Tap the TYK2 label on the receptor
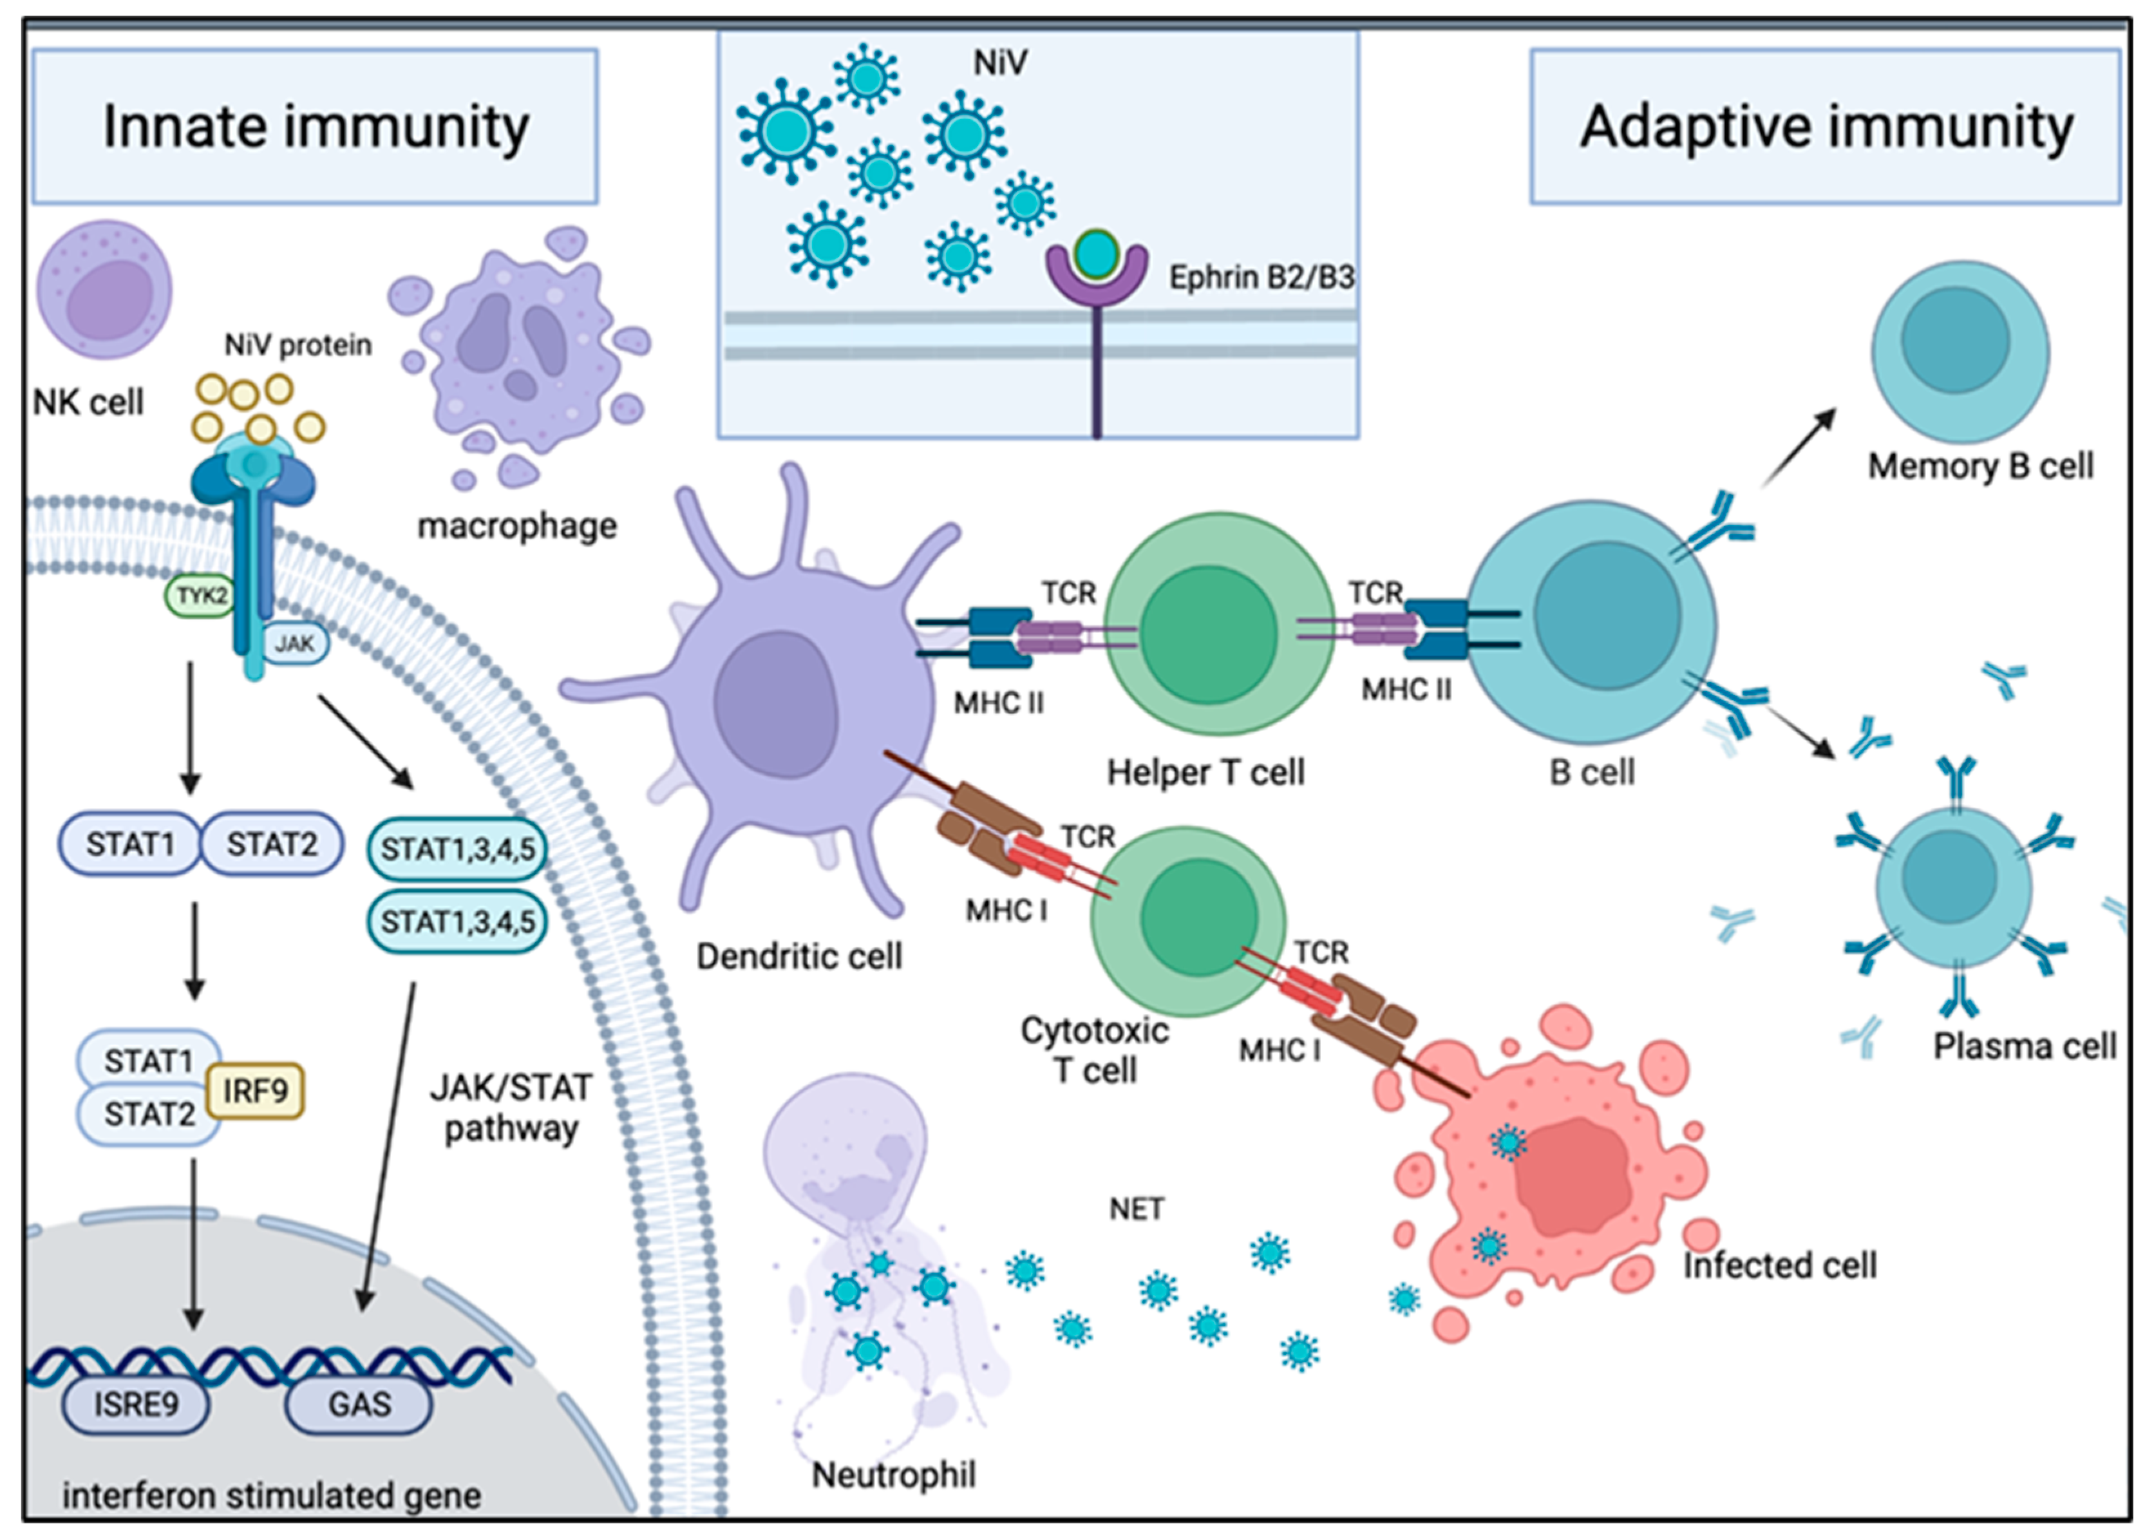coord(200,596)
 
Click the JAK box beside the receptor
coord(294,644)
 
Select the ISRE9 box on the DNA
coord(135,1404)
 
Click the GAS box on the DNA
coord(359,1404)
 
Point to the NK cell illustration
coord(104,290)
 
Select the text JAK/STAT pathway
coord(511,1108)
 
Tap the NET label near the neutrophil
coord(1136,1209)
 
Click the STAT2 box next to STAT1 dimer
coord(272,844)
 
